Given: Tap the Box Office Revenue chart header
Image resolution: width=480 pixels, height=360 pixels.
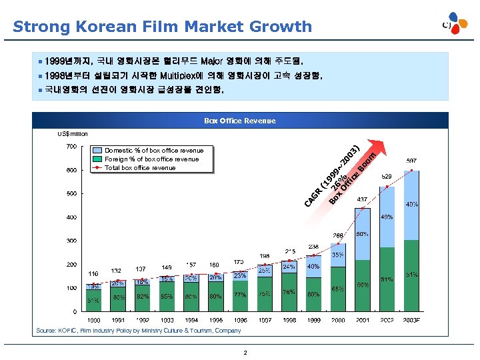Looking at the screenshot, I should point(239,121).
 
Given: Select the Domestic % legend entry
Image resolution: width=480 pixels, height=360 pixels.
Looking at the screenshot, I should point(154,151).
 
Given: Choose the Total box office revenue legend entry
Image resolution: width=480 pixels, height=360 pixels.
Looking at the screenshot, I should point(140,168).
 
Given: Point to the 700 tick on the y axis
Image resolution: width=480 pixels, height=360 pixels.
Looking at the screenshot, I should point(70,146).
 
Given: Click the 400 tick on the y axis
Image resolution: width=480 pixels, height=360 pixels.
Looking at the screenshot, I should point(70,217).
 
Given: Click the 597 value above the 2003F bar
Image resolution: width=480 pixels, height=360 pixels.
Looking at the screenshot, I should point(412,161).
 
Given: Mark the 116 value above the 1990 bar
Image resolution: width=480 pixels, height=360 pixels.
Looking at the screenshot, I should point(93,273).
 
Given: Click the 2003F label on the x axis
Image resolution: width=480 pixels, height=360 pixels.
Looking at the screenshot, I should point(412,321).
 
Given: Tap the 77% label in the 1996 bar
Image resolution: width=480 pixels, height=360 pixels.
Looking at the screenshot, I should point(240,295).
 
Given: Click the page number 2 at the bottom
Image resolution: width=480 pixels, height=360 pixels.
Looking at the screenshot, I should point(245,352).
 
